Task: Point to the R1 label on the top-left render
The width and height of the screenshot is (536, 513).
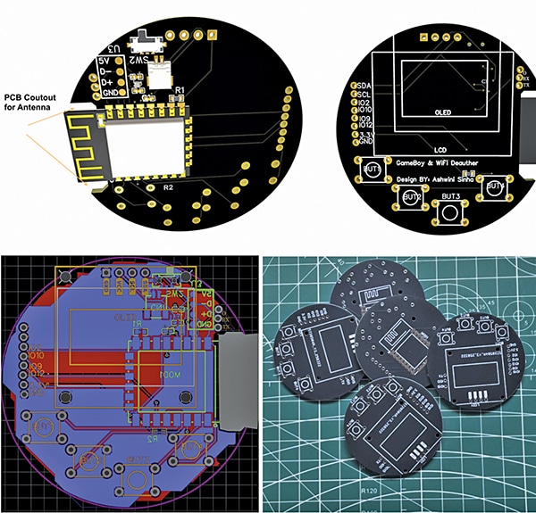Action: pos(179,90)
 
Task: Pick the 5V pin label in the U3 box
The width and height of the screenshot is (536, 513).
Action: pos(106,61)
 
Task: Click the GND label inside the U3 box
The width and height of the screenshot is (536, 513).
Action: pos(109,92)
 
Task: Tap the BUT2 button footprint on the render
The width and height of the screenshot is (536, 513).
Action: pos(412,198)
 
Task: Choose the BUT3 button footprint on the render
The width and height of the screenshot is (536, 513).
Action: pos(450,211)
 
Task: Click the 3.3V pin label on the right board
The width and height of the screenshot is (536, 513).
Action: pos(364,135)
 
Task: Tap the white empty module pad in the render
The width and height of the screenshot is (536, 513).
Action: pos(160,75)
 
